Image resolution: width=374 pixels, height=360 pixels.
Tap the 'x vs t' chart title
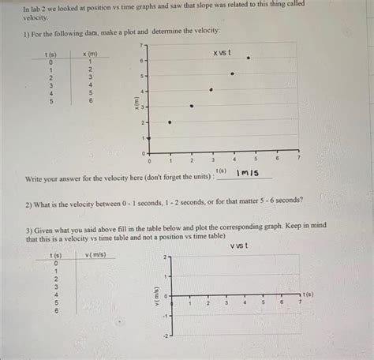pos(222,52)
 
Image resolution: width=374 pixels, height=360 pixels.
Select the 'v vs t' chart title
pos(240,246)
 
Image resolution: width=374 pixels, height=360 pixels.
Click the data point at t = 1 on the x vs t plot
pos(170,122)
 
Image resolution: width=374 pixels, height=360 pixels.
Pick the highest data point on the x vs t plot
pos(249,58)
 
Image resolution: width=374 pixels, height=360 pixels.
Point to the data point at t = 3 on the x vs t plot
pos(211,90)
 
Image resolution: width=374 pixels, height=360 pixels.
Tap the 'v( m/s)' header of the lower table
pos(92,254)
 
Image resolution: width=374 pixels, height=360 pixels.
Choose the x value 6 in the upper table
pos(91,101)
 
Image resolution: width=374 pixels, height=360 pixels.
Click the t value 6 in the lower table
pos(55,310)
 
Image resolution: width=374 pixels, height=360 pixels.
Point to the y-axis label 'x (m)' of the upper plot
pos(137,103)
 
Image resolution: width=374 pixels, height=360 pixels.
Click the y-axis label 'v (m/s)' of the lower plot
pos(157,296)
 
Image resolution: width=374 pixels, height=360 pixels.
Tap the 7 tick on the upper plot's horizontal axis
pos(299,159)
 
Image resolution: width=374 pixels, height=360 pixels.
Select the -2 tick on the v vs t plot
pos(165,336)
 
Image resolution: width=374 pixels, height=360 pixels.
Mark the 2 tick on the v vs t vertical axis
pos(166,258)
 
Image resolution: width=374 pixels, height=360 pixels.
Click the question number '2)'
pos(28,201)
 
